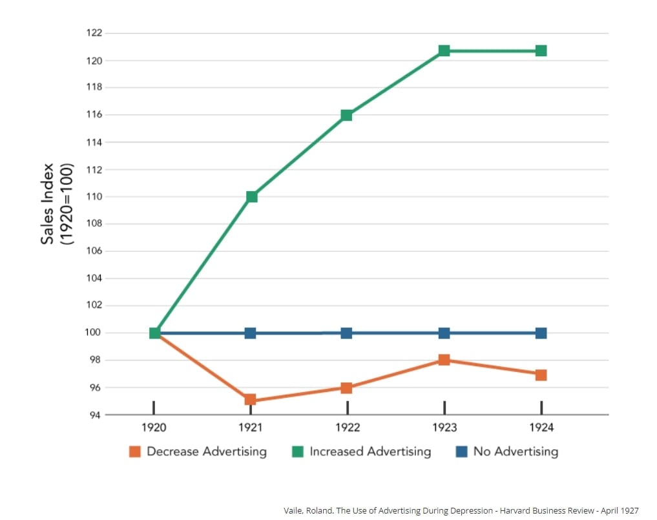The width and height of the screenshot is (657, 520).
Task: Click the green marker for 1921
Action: [251, 196]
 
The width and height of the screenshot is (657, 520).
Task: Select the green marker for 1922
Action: [346, 115]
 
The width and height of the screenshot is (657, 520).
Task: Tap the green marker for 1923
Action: [444, 50]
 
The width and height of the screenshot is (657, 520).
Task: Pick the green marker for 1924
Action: [541, 50]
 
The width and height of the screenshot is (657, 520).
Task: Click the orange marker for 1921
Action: [250, 400]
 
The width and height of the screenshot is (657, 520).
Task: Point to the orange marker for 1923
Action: [444, 360]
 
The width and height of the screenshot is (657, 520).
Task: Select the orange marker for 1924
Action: [541, 375]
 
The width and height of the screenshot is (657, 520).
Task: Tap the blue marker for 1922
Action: [346, 333]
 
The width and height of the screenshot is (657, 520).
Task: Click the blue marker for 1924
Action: [541, 333]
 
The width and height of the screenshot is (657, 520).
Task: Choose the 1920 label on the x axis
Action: [154, 428]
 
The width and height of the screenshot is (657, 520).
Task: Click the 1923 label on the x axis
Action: [444, 428]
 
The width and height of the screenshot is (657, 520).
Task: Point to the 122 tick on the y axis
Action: [94, 33]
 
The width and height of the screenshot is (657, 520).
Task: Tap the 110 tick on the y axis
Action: [94, 196]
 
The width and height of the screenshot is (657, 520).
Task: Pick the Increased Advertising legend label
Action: [370, 452]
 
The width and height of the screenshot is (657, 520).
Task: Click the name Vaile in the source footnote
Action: [295, 510]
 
